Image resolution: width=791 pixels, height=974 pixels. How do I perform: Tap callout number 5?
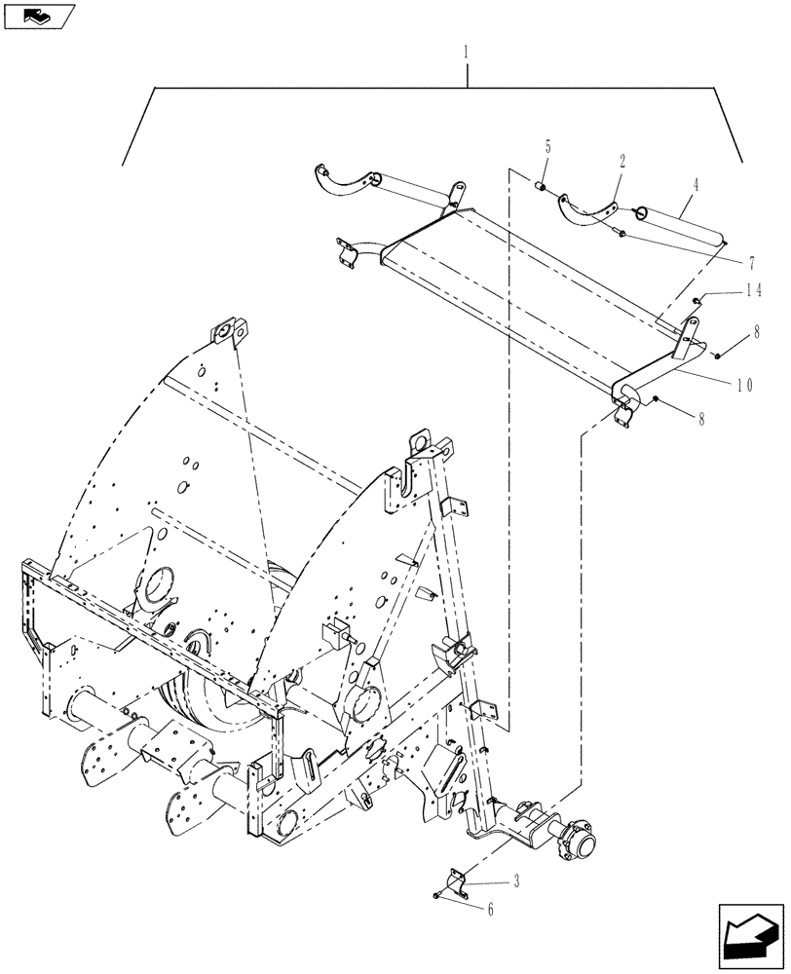[547, 147]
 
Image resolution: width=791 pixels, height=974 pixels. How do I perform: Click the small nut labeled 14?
[697, 301]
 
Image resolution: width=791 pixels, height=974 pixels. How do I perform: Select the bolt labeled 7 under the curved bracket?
[620, 231]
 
